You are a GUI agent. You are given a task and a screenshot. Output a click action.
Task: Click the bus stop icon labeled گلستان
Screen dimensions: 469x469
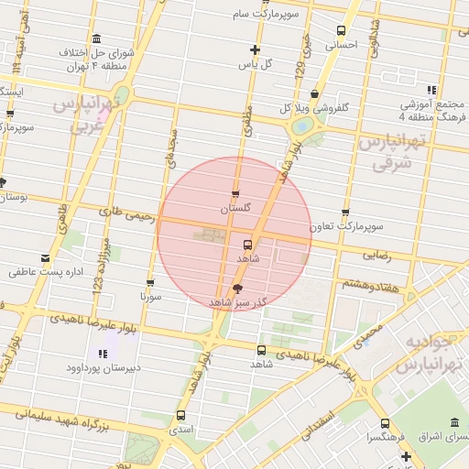click(x=236, y=193)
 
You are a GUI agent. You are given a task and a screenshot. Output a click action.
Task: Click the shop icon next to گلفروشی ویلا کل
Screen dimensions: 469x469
click(x=315, y=93)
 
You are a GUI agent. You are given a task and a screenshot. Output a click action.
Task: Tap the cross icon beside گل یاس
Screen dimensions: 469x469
click(x=255, y=49)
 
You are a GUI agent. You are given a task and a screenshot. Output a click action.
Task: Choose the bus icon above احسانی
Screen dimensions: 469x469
click(x=342, y=30)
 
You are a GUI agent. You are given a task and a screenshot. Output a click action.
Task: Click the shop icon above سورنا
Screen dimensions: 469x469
click(x=150, y=282)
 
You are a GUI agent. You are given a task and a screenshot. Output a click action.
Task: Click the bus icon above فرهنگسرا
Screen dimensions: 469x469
click(x=384, y=423)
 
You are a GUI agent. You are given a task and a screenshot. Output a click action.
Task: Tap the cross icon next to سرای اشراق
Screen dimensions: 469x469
click(x=406, y=455)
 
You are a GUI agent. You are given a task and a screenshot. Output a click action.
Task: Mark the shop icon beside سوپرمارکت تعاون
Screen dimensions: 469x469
click(x=344, y=212)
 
